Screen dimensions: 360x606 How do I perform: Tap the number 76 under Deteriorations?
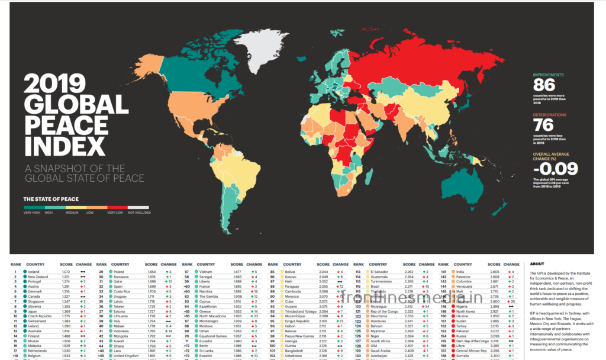pos(543,125)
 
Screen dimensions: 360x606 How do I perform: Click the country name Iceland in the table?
pos(34,271)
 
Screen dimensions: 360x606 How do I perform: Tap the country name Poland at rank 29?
pos(119,271)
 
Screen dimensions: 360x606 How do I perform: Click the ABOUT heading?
pos(537,264)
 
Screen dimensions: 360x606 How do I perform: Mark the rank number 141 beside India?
pos(443,271)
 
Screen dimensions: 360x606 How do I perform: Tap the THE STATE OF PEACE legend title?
pos(50,199)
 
